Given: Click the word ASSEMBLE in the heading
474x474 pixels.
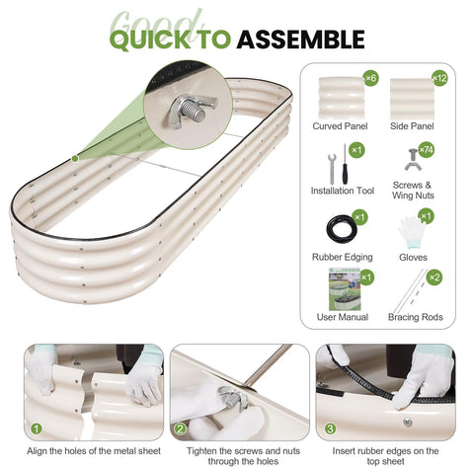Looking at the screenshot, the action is [x=300, y=39].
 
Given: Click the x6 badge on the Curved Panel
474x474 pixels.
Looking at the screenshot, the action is [x=370, y=78].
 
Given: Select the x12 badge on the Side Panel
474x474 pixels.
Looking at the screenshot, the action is [x=439, y=78].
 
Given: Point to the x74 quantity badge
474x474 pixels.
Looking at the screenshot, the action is [x=427, y=150].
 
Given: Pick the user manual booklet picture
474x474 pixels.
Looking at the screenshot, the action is [x=345, y=289].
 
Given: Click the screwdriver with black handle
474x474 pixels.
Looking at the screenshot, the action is [x=345, y=165].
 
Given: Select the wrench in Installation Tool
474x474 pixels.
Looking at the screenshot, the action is [x=332, y=169].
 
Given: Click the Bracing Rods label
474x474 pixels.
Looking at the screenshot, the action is [x=416, y=317].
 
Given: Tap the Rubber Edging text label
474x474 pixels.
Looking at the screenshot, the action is [x=343, y=257].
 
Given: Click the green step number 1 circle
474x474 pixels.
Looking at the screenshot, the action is [x=37, y=429].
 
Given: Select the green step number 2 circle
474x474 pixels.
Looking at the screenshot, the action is [x=180, y=429].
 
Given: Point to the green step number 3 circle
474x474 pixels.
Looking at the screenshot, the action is [x=330, y=429].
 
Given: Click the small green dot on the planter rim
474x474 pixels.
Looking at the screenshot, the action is [x=75, y=159].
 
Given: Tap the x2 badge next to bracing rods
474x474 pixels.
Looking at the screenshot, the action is [x=434, y=277].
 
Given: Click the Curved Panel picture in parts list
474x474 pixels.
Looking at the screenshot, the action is [x=342, y=98].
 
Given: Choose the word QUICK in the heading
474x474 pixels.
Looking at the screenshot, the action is [x=150, y=39].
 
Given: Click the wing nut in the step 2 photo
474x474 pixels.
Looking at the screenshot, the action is [x=232, y=397].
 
